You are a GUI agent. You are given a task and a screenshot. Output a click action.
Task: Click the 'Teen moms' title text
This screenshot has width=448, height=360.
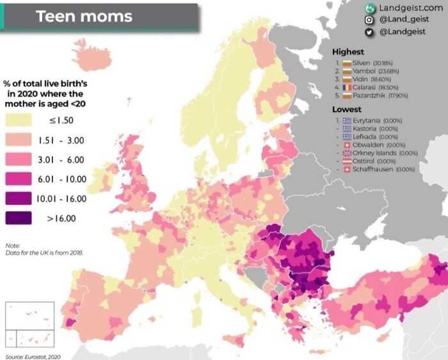84,16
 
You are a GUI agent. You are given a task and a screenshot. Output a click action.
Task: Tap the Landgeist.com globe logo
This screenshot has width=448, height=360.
369,8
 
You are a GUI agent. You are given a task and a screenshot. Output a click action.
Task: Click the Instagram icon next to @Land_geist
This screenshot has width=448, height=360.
369,20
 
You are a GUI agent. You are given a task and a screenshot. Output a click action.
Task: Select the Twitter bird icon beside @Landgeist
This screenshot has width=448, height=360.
369,32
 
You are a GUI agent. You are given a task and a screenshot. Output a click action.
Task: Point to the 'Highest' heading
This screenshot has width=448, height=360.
348,52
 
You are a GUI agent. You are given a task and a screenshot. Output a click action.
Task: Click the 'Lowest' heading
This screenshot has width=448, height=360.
346,110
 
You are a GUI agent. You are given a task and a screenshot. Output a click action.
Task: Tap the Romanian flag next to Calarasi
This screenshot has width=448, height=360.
346,87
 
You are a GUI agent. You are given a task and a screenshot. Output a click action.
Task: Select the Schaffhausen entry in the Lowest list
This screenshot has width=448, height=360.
374,169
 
